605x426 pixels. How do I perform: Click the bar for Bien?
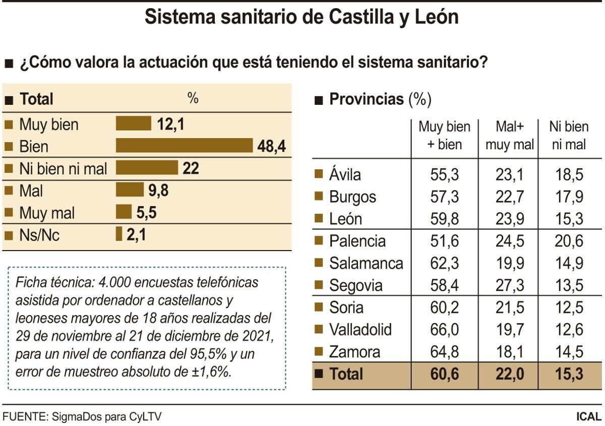(x=184, y=145)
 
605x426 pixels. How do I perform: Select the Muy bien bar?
(x=134, y=124)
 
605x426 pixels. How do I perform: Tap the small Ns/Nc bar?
(x=119, y=234)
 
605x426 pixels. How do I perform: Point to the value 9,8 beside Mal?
(x=158, y=190)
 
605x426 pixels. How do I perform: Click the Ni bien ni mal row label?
(x=63, y=168)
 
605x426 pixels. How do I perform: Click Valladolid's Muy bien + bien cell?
(x=444, y=330)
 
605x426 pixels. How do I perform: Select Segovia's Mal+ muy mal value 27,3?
(x=510, y=285)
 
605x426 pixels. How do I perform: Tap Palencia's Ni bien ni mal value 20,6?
(x=568, y=241)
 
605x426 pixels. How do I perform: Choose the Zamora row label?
(x=354, y=352)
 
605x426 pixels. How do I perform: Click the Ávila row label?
(x=345, y=175)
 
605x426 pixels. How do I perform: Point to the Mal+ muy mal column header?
(x=509, y=136)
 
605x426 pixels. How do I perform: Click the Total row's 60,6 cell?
(x=444, y=374)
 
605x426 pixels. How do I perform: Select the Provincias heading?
(x=367, y=99)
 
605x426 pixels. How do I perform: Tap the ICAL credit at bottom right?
(x=588, y=417)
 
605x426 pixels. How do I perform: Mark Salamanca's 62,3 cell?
(x=444, y=263)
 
